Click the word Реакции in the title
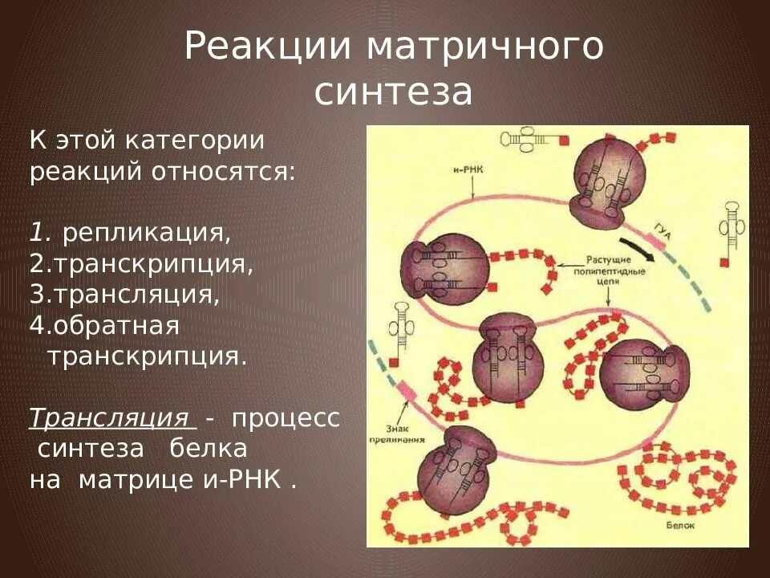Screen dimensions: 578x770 tap(269, 47)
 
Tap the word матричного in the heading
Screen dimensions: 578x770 tap(485, 47)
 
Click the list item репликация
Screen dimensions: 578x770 tap(147, 233)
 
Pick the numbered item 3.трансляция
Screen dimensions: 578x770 tap(124, 294)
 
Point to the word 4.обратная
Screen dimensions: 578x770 tap(104, 325)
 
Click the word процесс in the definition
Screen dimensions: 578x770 tap(286, 418)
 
